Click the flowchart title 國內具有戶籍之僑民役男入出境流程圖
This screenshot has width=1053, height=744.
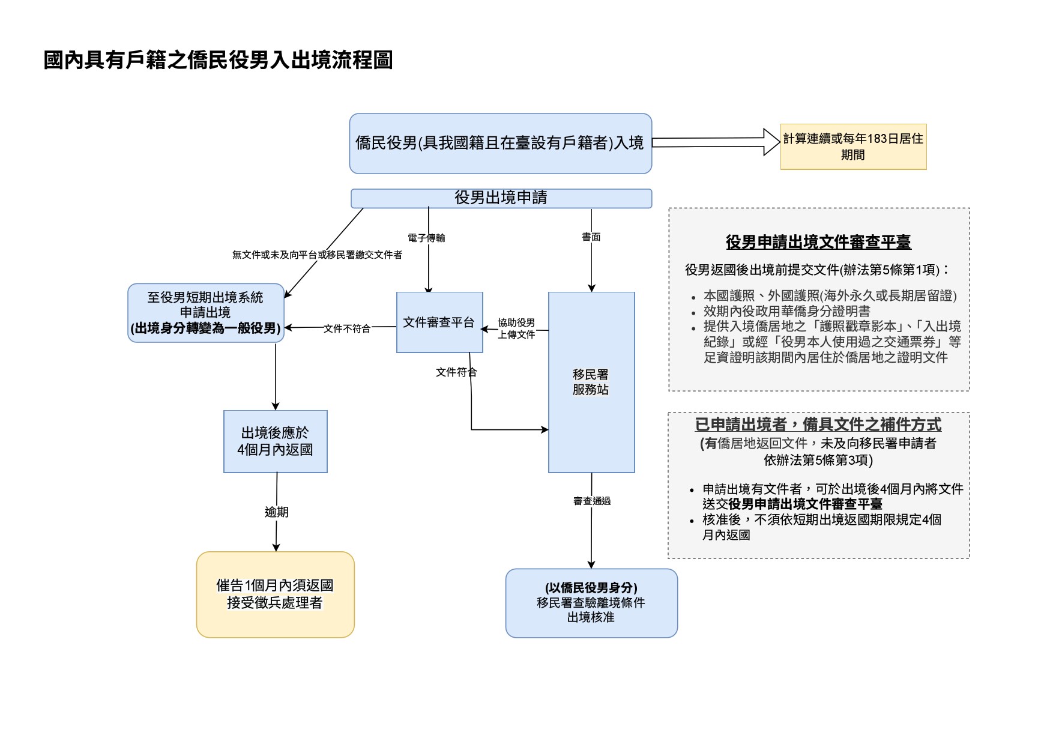[x=218, y=60]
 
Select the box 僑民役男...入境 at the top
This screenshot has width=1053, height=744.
[x=500, y=144]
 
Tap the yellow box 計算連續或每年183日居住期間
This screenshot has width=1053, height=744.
[x=853, y=147]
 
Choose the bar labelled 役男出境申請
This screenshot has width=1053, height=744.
[x=501, y=198]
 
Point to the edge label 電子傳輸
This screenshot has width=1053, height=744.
[x=426, y=238]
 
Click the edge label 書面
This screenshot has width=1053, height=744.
[x=591, y=237]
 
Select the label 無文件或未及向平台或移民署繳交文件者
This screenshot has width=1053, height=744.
[x=317, y=255]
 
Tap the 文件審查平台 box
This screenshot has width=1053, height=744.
[x=439, y=322]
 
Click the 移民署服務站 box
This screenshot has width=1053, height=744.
[x=591, y=382]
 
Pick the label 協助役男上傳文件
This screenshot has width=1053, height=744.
[x=516, y=328]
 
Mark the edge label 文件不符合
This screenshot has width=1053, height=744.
[x=347, y=328]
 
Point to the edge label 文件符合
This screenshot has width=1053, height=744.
[x=456, y=372]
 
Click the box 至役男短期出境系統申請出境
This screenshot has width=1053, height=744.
[x=205, y=313]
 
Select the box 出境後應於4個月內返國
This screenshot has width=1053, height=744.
[x=275, y=441]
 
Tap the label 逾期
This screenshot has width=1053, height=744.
[x=276, y=512]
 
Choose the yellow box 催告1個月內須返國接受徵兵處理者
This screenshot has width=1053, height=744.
[x=275, y=594]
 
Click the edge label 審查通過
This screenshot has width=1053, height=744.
[x=592, y=501]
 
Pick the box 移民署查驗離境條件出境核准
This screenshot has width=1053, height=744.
[x=591, y=603]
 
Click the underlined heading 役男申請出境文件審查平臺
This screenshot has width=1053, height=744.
[x=818, y=242]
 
